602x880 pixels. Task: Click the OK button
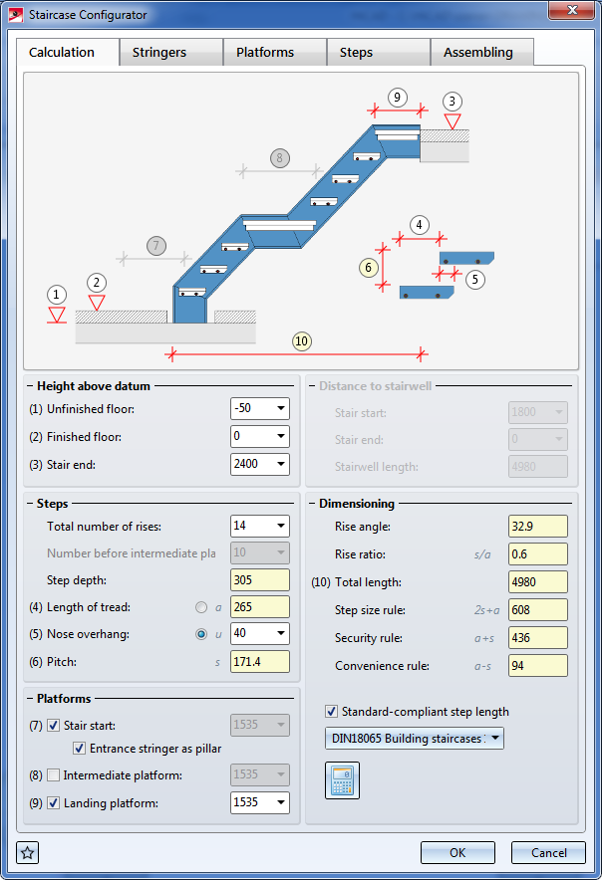pos(457,852)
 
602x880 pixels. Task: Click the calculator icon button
pos(342,780)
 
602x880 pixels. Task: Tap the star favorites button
pos(28,853)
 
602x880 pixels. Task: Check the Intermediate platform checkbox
pos(54,775)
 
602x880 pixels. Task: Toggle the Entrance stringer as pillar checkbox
pos(80,749)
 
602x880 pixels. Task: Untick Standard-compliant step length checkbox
pos(332,712)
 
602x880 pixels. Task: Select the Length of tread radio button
pos(200,607)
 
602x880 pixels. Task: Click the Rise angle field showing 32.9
pos(538,527)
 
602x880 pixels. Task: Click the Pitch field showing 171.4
pos(260,662)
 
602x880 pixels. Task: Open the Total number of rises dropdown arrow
pos(280,526)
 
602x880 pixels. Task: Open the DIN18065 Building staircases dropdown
pos(415,739)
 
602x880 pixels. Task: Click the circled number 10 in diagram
pos(301,341)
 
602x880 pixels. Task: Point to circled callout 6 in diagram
pos(368,267)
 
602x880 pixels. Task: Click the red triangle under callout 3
pos(452,121)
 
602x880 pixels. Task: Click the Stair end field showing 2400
pos(260,464)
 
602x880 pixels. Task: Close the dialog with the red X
pos(572,10)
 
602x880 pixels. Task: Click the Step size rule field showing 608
pos(538,610)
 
